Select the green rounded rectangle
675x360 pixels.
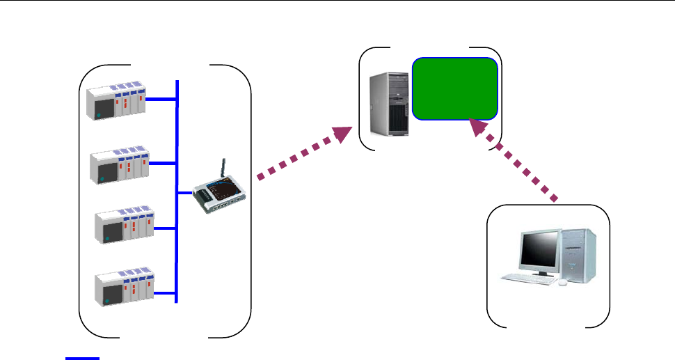pyautogui.click(x=456, y=89)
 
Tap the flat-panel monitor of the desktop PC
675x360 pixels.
pyautogui.click(x=540, y=251)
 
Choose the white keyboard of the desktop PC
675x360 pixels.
pyautogui.click(x=530, y=279)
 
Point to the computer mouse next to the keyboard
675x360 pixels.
pyautogui.click(x=562, y=282)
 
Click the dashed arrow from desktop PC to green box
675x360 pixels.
pyautogui.click(x=515, y=161)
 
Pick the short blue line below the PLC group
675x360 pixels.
pyautogui.click(x=83, y=359)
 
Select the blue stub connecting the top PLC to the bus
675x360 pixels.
pyautogui.click(x=163, y=100)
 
